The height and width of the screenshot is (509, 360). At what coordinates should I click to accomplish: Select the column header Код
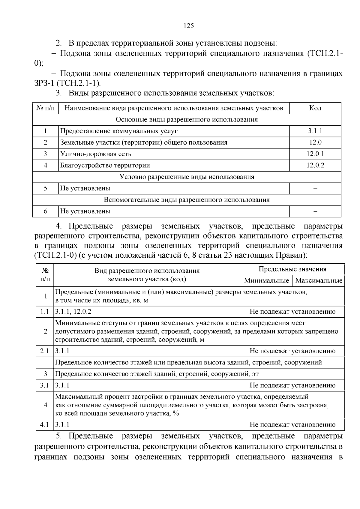pyautogui.click(x=315, y=108)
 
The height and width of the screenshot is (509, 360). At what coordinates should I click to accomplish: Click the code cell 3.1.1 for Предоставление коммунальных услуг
pyautogui.click(x=315, y=131)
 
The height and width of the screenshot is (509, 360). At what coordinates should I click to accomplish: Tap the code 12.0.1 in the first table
pyautogui.click(x=315, y=154)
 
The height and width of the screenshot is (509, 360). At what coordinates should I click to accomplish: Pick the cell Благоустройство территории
pyautogui.click(x=105, y=165)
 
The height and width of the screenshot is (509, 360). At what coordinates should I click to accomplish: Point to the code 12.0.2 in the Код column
pyautogui.click(x=315, y=165)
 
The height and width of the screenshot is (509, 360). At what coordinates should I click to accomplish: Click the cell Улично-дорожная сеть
pyautogui.click(x=96, y=154)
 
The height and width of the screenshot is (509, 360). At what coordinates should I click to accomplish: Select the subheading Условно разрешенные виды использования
pyautogui.click(x=187, y=177)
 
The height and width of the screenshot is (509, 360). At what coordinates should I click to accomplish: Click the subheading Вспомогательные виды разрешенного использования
pyautogui.click(x=187, y=200)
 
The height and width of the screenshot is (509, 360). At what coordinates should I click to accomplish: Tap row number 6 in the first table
pyautogui.click(x=45, y=211)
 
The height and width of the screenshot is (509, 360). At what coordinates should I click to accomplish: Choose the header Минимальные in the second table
pyautogui.click(x=266, y=281)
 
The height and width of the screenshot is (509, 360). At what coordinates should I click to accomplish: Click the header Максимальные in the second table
pyautogui.click(x=319, y=281)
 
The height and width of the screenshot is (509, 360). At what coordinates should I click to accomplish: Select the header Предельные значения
pyautogui.click(x=292, y=269)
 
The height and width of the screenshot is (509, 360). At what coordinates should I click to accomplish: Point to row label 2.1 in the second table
pyautogui.click(x=44, y=351)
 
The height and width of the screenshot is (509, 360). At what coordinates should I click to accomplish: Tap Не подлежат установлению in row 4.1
pyautogui.click(x=292, y=425)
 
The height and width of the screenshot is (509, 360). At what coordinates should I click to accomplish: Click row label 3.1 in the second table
pyautogui.click(x=44, y=385)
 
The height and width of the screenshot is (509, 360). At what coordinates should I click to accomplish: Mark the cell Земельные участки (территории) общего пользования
pyautogui.click(x=144, y=142)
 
